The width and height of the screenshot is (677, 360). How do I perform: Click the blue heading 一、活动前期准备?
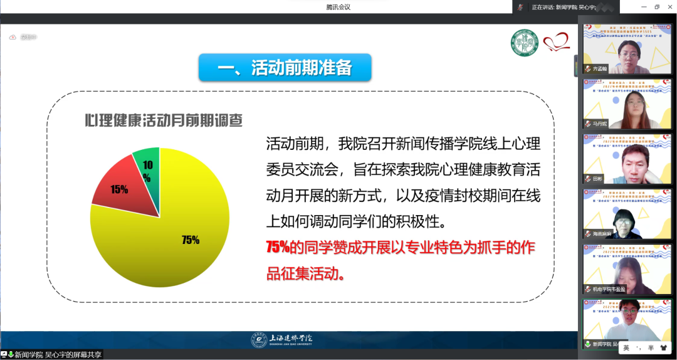[285, 67]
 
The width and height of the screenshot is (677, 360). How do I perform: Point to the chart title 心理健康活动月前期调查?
[164, 121]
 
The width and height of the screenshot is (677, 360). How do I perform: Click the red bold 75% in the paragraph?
[277, 247]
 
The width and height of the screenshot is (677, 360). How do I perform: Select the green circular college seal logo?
[525, 44]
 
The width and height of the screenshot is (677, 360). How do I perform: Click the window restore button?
[657, 7]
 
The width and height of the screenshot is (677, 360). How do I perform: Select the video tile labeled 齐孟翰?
[627, 50]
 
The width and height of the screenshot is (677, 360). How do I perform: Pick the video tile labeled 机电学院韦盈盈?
[627, 268]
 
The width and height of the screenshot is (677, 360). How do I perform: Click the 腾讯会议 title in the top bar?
[338, 7]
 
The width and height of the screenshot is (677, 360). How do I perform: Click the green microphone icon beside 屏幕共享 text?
[11, 354]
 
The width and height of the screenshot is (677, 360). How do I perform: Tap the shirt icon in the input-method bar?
[663, 347]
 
